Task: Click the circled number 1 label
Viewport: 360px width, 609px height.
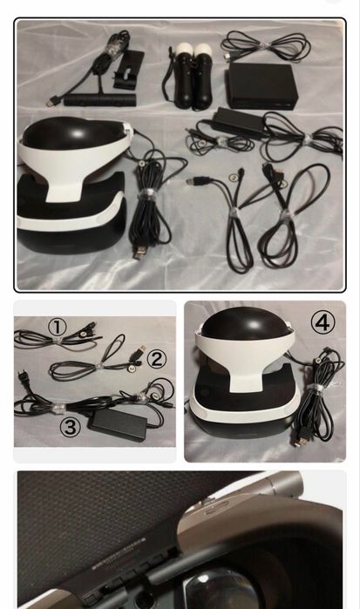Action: coord(57,327)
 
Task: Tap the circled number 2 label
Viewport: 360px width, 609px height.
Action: coord(156,358)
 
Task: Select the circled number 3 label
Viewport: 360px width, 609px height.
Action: coord(71,427)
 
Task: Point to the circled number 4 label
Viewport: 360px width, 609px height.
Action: coord(323,322)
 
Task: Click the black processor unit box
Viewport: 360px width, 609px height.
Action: coord(258,85)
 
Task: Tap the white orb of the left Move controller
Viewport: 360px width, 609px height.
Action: coord(182,50)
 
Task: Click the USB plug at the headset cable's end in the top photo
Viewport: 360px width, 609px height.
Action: coord(140,252)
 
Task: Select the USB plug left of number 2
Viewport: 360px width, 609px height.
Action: coord(136,355)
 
